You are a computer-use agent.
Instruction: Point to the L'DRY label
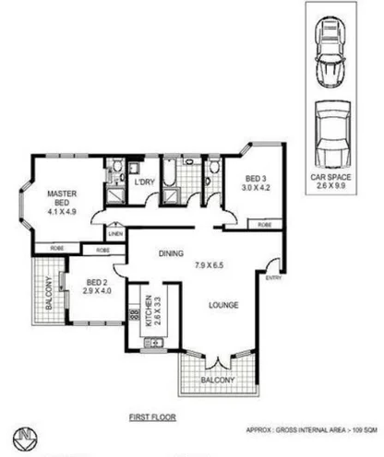click(144, 182)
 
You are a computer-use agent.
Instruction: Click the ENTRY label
click(273, 278)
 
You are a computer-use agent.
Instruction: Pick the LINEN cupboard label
click(115, 234)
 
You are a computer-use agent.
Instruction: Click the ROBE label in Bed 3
click(264, 224)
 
